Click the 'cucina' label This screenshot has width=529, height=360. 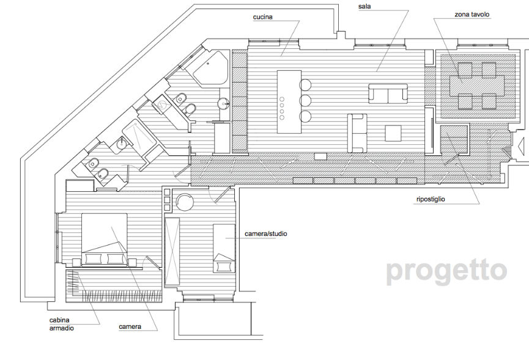262,17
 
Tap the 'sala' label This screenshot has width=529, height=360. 364,6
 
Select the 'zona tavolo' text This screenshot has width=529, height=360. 472,15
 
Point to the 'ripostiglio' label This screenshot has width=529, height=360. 431,199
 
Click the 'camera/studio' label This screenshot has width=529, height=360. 266,233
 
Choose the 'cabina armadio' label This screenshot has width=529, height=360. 61,324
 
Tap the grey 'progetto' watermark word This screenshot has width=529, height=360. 446,271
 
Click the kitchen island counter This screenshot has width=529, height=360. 289,102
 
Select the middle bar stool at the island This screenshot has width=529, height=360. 305,100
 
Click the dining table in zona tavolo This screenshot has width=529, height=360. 476,85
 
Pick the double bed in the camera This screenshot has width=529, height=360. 105,240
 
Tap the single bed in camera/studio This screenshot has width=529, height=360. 224,248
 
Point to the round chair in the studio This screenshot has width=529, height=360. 185,202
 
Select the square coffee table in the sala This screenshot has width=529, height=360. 393,133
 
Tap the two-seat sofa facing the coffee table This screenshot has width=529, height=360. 357,133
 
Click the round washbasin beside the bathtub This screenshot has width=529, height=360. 223,103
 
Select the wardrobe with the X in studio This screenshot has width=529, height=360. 172,251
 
